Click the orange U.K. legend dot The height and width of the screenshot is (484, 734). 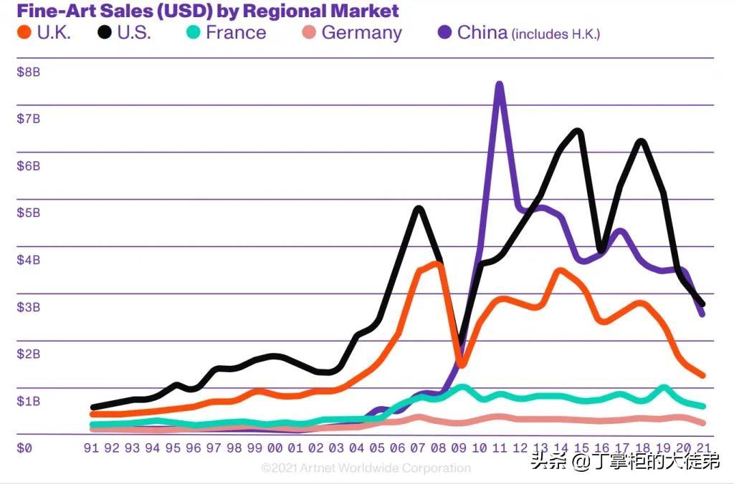point(24,32)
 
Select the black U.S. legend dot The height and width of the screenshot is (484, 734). point(105,32)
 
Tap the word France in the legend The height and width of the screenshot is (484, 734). point(236,32)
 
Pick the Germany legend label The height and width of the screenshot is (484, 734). point(361,33)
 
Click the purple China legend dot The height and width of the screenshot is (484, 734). point(444,32)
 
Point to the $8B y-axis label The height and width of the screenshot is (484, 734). point(29,72)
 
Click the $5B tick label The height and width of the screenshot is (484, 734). point(29,213)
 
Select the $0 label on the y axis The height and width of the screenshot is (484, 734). point(24,448)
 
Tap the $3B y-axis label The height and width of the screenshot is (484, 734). point(29,307)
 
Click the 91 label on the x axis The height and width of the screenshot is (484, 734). point(91,448)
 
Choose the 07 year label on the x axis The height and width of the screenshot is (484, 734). point(418,448)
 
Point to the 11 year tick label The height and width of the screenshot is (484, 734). point(500,448)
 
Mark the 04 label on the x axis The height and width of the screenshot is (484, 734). point(357,448)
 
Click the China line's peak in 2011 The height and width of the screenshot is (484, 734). point(500,85)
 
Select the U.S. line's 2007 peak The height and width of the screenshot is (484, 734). point(419,209)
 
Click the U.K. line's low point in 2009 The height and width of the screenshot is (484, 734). point(461,364)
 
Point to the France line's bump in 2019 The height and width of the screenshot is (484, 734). point(663,388)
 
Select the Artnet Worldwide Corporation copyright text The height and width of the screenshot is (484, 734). point(366,468)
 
